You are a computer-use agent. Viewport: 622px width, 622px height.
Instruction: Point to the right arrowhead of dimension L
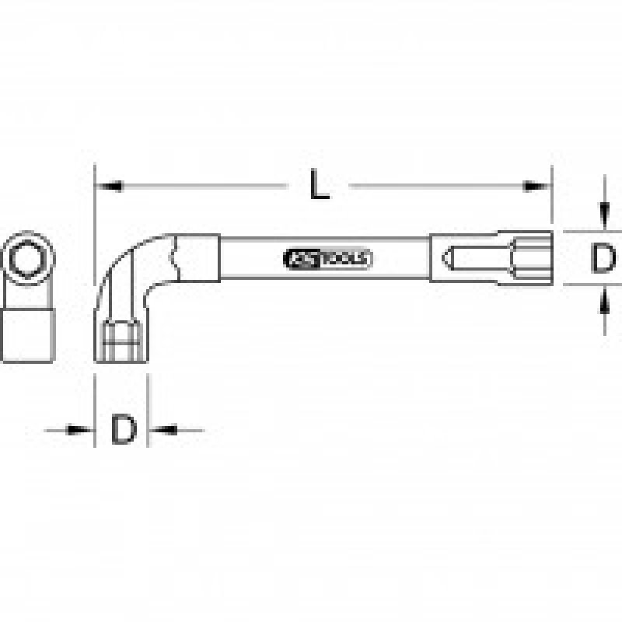(x=537, y=186)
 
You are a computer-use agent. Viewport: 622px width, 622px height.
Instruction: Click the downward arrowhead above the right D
(x=602, y=215)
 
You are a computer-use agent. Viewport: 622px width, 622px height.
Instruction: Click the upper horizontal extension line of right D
(x=583, y=231)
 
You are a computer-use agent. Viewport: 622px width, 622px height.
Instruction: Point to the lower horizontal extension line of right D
(x=583, y=285)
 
